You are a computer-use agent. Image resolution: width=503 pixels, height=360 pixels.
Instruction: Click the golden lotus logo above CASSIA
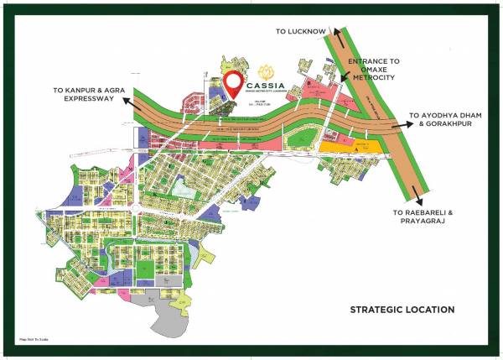[x=267, y=69]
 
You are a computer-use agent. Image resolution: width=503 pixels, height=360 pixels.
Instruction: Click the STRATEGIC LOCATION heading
[x=402, y=310]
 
